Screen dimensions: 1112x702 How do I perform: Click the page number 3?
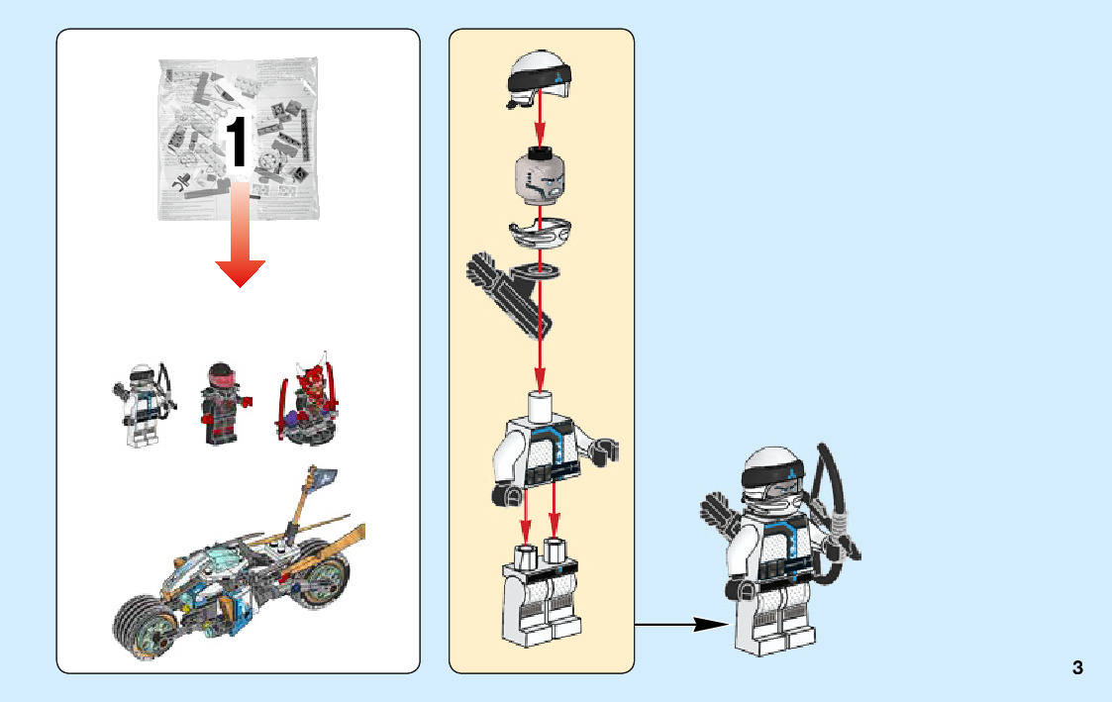tap(1077, 667)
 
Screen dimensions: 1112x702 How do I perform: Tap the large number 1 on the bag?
tap(236, 142)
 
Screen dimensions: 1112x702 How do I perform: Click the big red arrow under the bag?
tap(241, 234)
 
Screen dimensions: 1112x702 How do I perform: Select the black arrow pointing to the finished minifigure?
tap(681, 624)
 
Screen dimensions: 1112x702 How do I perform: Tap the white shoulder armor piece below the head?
tap(540, 234)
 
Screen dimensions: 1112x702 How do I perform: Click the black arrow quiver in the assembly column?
tap(509, 293)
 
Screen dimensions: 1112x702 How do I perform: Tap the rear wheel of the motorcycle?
tap(323, 574)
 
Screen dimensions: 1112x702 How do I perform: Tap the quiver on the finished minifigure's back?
tap(720, 514)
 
